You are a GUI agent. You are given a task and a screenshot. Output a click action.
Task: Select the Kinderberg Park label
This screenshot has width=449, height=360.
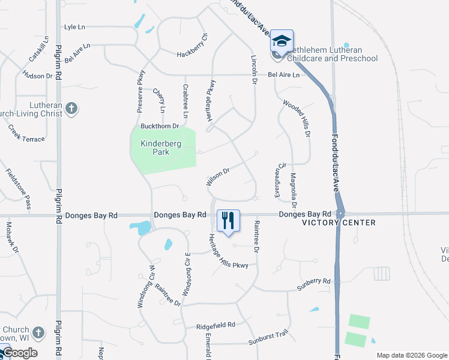(155, 148)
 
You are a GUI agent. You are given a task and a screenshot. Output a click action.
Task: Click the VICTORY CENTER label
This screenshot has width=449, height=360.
(339, 223)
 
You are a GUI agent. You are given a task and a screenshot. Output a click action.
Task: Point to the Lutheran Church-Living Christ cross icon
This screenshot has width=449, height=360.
(71, 109)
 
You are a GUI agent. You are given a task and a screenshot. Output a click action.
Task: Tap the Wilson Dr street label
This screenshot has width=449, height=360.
(218, 176)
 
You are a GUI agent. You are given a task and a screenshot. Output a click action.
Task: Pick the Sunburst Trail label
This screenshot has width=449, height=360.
(269, 342)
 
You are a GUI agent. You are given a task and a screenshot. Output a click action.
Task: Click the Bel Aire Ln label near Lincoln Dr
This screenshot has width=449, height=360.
(283, 75)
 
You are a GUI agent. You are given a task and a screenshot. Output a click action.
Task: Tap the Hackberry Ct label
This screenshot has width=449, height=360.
(192, 55)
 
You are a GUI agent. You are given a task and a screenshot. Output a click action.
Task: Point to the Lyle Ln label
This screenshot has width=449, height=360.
(74, 27)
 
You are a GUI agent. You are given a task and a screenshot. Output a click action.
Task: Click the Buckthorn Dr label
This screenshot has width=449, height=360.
(160, 126)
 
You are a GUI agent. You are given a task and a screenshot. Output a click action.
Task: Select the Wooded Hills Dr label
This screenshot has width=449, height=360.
(297, 118)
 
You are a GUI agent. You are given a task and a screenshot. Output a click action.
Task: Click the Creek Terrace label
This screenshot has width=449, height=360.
(26, 134)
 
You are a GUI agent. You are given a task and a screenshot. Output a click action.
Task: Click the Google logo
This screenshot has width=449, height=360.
(19, 353)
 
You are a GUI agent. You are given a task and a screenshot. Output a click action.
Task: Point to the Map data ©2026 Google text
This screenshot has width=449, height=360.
(411, 355)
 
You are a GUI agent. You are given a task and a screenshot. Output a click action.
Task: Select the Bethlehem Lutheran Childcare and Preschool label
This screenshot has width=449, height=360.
(333, 54)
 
